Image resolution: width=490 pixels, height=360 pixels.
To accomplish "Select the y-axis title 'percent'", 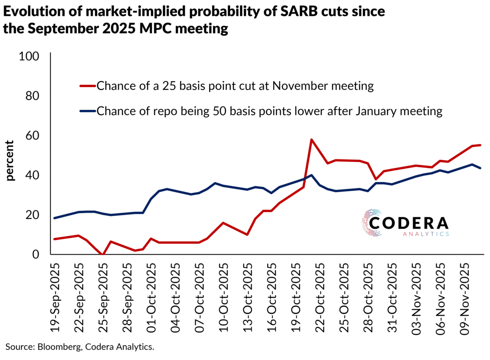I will pyautogui.click(x=10, y=161).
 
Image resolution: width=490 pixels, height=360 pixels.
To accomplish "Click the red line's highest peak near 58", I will pyautogui.click(x=311, y=140).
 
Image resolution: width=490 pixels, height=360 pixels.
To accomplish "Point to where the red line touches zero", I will pyautogui.click(x=103, y=254).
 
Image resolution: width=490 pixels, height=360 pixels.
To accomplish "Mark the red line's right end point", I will pyautogui.click(x=480, y=145).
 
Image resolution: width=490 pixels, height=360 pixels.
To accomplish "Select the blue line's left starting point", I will pyautogui.click(x=54, y=218).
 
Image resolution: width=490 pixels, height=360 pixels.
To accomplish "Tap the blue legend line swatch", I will pyautogui.click(x=88, y=111).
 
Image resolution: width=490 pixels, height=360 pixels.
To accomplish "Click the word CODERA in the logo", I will pyautogui.click(x=408, y=223).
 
